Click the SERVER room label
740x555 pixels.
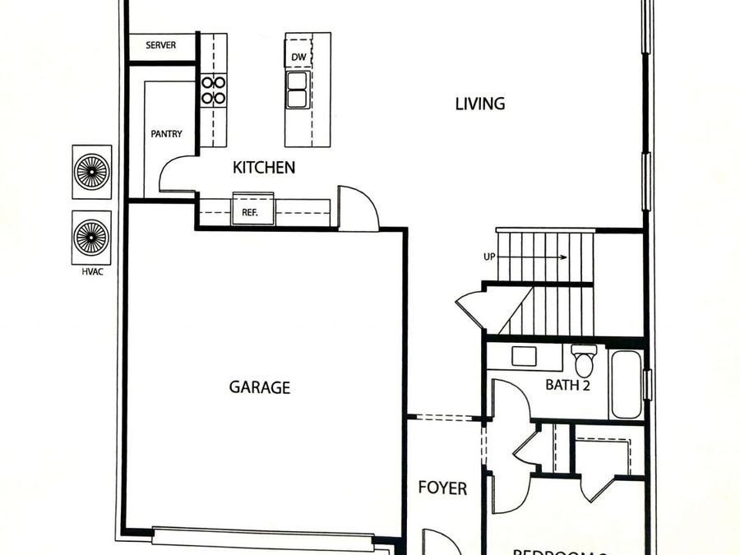(x=160, y=46)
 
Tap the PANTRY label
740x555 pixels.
(x=165, y=133)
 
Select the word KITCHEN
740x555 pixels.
(x=264, y=168)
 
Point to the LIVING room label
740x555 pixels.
(x=480, y=104)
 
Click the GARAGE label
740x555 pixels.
(x=259, y=387)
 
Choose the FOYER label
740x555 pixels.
(x=442, y=488)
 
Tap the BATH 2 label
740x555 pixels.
(x=568, y=385)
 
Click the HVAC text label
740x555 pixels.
(x=91, y=270)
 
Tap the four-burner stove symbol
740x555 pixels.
(x=214, y=90)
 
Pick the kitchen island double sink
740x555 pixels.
(x=297, y=90)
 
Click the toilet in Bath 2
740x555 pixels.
(x=585, y=360)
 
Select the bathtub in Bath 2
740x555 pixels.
(x=626, y=384)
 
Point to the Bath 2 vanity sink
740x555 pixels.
(x=523, y=356)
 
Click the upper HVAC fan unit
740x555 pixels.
(x=91, y=173)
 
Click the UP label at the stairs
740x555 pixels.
(x=489, y=257)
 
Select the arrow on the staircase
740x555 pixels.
(x=534, y=257)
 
